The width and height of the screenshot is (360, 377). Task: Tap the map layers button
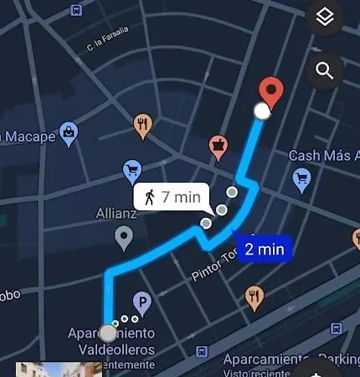point(326,17)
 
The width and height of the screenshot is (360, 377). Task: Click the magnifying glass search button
point(326,71)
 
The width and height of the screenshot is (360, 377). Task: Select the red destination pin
point(270,91)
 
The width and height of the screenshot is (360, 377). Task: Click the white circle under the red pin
point(262,111)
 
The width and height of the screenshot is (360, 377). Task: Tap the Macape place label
point(28,136)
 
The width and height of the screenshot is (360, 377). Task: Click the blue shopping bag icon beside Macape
point(69,132)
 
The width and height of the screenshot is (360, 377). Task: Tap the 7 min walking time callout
point(171,198)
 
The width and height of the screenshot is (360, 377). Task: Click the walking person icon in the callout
point(150,198)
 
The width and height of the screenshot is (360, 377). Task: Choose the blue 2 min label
point(264,249)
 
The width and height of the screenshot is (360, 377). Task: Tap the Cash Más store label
point(323,156)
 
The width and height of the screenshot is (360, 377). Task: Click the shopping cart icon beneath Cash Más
point(302,178)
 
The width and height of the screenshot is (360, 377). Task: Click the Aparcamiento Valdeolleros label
point(111,341)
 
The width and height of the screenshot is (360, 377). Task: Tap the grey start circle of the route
point(108,333)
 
